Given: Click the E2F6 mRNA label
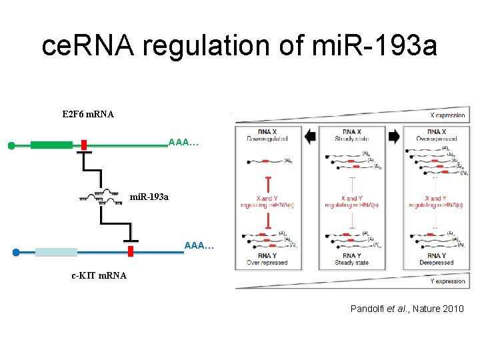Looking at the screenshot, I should click(x=87, y=114).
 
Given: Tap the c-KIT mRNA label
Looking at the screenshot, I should click(x=99, y=275).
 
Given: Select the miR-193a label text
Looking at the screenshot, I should click(x=149, y=197).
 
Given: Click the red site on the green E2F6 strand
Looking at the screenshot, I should click(x=84, y=145).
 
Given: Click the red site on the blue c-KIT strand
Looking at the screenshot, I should click(x=131, y=251).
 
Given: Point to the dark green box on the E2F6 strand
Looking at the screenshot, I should click(x=51, y=145).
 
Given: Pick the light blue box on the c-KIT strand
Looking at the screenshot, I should click(x=57, y=252).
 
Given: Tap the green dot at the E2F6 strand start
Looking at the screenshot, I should click(x=11, y=146).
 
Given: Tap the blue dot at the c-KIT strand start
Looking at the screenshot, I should click(x=16, y=253).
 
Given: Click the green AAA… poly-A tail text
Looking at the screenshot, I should click(x=183, y=143).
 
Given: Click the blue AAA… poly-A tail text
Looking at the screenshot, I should click(x=199, y=247).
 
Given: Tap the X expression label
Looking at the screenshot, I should click(x=448, y=115).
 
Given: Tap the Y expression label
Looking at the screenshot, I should click(x=448, y=281).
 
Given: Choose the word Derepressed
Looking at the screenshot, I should click(x=437, y=263).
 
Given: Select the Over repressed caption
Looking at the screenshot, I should click(x=266, y=263).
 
